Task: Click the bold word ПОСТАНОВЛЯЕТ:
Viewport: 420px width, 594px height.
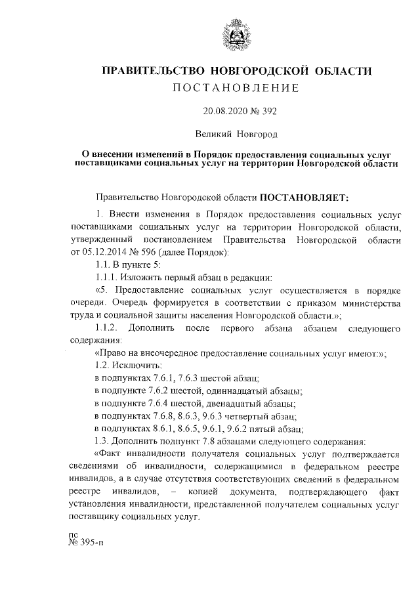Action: click(x=307, y=196)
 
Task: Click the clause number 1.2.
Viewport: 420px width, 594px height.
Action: click(x=103, y=364)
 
